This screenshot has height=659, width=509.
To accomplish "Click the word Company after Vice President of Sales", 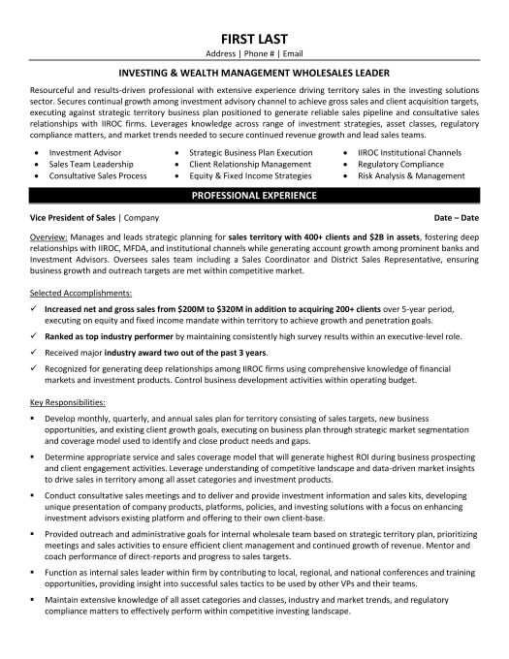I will coord(142,220).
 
